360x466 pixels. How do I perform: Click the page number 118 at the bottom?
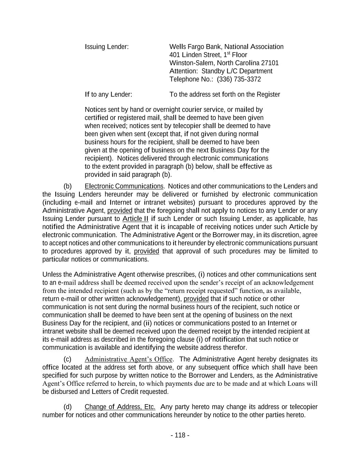point(180,435)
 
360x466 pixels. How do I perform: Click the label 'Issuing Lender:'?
point(106,47)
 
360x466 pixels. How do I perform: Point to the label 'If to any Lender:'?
point(108,95)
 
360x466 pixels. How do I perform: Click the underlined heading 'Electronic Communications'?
point(124,186)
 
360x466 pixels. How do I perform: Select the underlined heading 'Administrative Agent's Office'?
point(128,359)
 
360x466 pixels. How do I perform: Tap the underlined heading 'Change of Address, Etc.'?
point(120,407)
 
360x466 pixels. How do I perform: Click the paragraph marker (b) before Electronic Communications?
point(68,186)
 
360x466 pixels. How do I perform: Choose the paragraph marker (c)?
point(68,359)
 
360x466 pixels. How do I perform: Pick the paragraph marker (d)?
point(68,407)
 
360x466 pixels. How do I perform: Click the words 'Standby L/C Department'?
point(237,71)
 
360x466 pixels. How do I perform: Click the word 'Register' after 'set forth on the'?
point(268,95)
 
